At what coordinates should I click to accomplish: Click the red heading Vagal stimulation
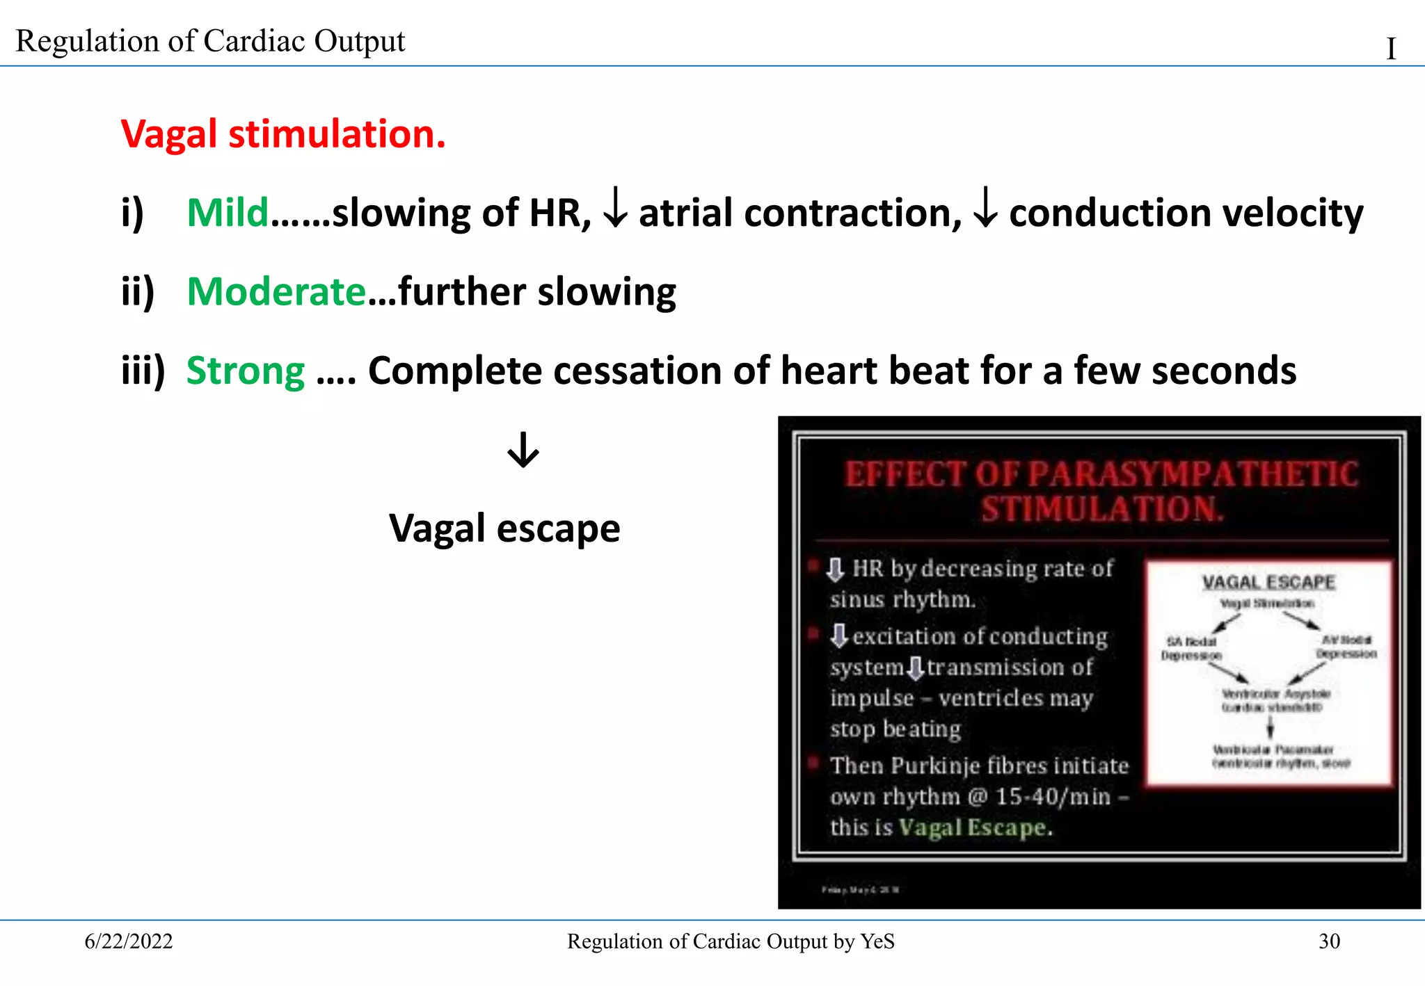coord(282,134)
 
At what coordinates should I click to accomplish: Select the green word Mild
coord(228,213)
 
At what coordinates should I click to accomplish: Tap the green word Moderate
coord(276,291)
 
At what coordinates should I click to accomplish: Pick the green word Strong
coord(246,371)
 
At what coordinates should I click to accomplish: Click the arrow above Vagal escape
coord(523,450)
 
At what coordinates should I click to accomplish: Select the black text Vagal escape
coord(504,528)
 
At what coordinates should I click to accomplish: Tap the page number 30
coord(1329,941)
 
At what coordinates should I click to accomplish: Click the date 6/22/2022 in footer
coord(129,941)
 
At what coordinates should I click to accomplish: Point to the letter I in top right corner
coord(1391,49)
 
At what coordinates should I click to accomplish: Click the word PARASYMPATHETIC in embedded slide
coord(1193,475)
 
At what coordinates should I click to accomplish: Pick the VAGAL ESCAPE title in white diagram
coord(1268,582)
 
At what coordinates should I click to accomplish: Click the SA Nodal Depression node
coord(1191,648)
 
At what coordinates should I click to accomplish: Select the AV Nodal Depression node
coord(1346,647)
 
